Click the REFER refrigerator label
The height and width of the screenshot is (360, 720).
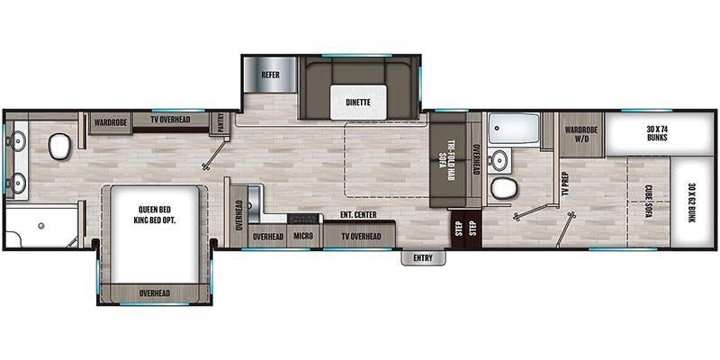pyautogui.click(x=271, y=75)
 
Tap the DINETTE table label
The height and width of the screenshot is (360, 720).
pyautogui.click(x=358, y=103)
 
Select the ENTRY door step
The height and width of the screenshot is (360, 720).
pyautogui.click(x=423, y=258)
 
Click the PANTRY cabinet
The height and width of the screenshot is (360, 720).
pyautogui.click(x=220, y=123)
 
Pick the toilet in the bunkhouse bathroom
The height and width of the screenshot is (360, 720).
pyautogui.click(x=504, y=188)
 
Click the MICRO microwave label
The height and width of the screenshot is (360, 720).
pyautogui.click(x=303, y=236)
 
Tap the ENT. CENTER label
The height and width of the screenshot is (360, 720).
pyautogui.click(x=358, y=215)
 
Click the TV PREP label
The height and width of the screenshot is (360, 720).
pyautogui.click(x=565, y=184)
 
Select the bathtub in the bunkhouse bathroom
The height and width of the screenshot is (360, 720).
pyautogui.click(x=514, y=129)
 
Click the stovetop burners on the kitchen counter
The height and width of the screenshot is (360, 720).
pyautogui.click(x=304, y=218)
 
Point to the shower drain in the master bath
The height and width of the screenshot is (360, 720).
pyautogui.click(x=41, y=226)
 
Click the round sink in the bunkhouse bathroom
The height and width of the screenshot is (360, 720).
pyautogui.click(x=498, y=160)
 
